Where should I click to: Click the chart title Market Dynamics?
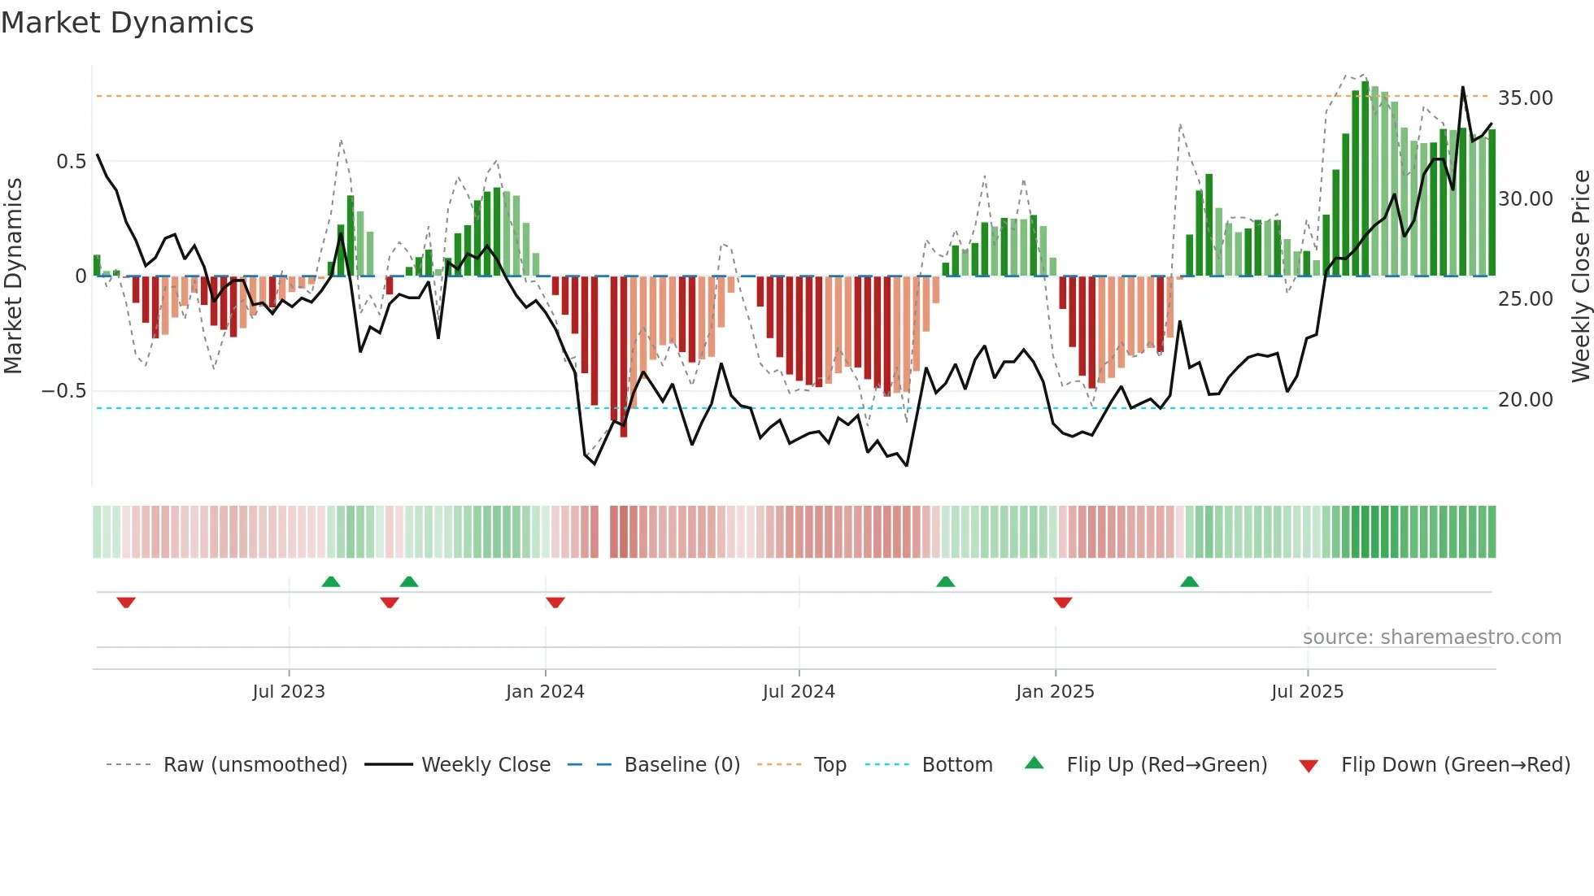point(127,23)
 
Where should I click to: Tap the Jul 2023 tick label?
point(288,692)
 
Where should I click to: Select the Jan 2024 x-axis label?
point(545,692)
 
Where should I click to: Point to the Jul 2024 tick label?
point(799,692)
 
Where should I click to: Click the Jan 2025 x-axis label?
point(1055,692)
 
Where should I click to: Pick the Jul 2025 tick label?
point(1307,692)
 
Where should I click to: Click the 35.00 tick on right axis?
point(1525,98)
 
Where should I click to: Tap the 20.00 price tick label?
point(1525,400)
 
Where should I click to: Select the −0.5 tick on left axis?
point(64,391)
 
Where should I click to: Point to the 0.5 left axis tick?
point(72,162)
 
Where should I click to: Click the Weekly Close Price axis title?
point(1580,276)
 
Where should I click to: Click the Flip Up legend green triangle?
point(1034,763)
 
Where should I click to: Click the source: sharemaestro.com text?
point(1431,637)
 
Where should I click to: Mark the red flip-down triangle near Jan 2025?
point(1062,602)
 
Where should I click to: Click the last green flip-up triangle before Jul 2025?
point(1189,581)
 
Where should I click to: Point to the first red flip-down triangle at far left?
point(125,602)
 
